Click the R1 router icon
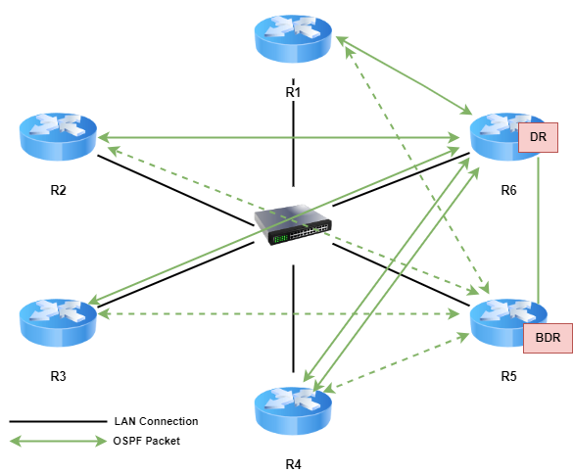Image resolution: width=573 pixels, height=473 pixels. point(293,38)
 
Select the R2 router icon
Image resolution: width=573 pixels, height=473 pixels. point(58,136)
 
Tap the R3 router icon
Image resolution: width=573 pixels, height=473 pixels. point(58,323)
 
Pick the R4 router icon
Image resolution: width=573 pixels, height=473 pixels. point(293,411)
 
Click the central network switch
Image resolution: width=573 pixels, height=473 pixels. point(293,224)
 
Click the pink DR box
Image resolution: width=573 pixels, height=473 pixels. point(538,137)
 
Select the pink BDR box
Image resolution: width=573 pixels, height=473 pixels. point(548,338)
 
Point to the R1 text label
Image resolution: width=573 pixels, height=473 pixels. point(293,92)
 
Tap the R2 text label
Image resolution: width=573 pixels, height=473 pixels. point(58,190)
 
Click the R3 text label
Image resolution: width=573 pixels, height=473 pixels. point(58,376)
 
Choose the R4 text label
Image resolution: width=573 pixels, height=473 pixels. point(293,464)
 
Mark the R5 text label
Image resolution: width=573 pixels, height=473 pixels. point(508,376)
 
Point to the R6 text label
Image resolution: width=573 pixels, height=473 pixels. point(508,190)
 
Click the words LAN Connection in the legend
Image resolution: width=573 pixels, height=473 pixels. point(156,421)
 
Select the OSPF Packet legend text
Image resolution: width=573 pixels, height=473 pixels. point(147,441)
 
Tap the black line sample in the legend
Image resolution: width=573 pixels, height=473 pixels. point(58,421)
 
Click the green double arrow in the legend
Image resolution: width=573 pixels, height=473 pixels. point(58,442)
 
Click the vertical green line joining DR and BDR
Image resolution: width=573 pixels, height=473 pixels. point(538,230)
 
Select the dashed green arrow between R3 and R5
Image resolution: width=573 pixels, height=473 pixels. point(278,313)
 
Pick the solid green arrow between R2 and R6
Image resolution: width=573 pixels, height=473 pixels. point(278,138)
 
